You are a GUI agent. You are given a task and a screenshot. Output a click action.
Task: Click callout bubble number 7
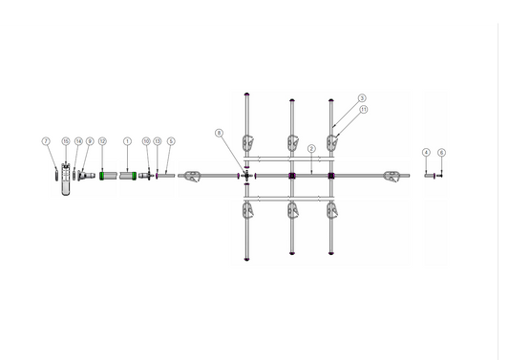[x=45, y=141]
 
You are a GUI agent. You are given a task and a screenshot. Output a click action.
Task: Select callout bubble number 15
[x=66, y=141]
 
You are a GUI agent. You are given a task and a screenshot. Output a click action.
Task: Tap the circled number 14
[x=78, y=141]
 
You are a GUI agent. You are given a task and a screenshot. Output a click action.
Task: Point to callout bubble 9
[x=90, y=141]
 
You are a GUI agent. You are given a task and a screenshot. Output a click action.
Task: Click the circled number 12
[x=102, y=141]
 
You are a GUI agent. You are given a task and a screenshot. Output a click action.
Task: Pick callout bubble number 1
[x=127, y=141]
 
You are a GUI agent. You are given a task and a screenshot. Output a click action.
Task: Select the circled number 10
[x=146, y=141]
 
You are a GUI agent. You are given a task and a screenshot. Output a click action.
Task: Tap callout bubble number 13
[x=158, y=141]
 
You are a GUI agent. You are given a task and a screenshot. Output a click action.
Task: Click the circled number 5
[x=171, y=141]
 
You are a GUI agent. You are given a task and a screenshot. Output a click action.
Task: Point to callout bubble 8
[x=219, y=132]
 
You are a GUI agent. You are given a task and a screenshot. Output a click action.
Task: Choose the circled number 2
[x=311, y=148]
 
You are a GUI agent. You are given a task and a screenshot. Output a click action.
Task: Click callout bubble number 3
[x=362, y=98]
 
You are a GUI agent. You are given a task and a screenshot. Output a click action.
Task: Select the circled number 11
[x=364, y=110]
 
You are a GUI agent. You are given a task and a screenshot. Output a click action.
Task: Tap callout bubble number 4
[x=426, y=153]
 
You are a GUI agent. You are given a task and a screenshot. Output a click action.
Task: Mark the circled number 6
[x=441, y=153]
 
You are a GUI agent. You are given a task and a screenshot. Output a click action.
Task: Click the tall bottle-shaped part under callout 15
[x=66, y=181]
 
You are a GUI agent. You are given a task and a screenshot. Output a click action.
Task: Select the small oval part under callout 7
[x=55, y=175]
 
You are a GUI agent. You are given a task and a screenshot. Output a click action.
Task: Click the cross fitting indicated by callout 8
[x=246, y=176]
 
